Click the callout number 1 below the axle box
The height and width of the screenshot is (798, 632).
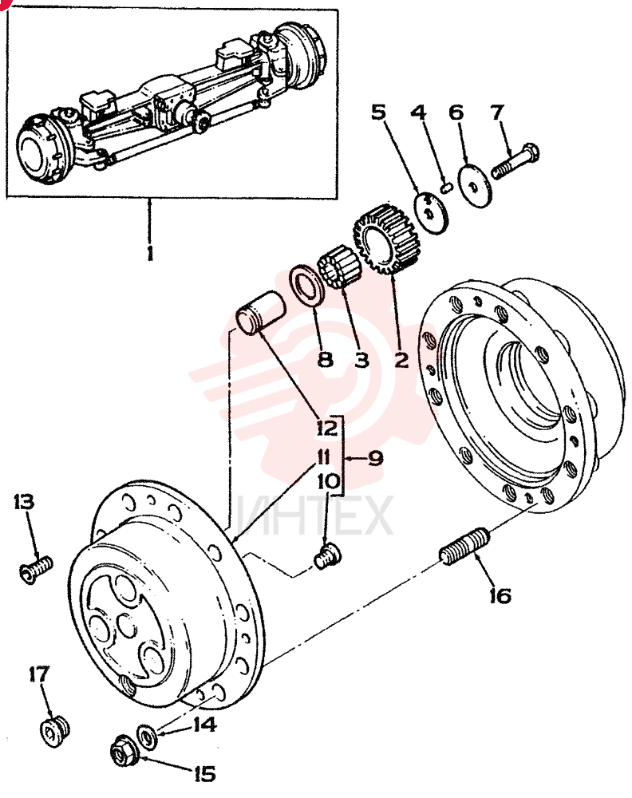pos(149,253)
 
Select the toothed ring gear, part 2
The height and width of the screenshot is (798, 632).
pos(383,239)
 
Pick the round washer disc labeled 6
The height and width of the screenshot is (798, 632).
pos(476,185)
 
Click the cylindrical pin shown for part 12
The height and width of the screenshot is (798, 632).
pos(260,313)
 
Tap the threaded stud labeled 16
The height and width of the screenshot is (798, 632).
pos(464,547)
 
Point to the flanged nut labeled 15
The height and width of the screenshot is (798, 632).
pos(124,751)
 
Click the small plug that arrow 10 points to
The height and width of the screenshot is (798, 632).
pos(328,557)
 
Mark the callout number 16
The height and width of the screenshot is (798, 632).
pos(500,595)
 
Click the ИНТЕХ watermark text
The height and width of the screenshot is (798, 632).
pos(315,517)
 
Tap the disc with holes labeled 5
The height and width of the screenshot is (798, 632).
pos(431,212)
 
